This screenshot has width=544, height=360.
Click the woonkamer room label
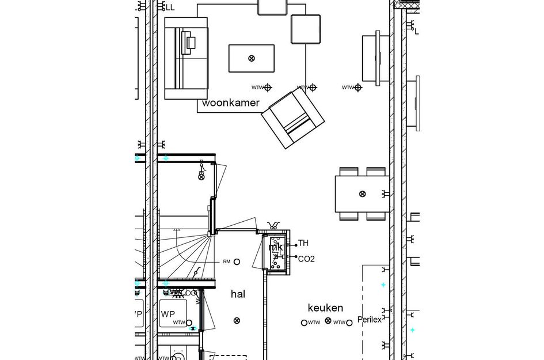[x=230, y=103]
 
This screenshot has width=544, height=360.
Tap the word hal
[x=238, y=294]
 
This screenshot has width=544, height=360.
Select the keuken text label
[x=325, y=308]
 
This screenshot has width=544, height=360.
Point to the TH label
[x=303, y=244]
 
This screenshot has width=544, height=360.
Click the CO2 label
[x=306, y=259]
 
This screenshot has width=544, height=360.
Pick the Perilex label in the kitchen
[x=369, y=320]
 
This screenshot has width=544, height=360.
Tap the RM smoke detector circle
[x=237, y=262]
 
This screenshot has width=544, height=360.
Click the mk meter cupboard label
[x=276, y=247]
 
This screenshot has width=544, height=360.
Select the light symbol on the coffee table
[x=252, y=58]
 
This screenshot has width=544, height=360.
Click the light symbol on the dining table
[x=362, y=194]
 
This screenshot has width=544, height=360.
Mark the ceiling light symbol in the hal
[x=237, y=321]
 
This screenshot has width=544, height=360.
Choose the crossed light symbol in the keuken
[x=328, y=321]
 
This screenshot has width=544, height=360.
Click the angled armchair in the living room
[x=293, y=119]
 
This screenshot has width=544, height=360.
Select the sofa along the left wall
[x=185, y=58]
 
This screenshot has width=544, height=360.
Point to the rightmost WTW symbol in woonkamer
[x=357, y=88]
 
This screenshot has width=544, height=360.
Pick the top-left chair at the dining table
[x=349, y=172]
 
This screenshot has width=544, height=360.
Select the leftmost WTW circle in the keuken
[x=305, y=323]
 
